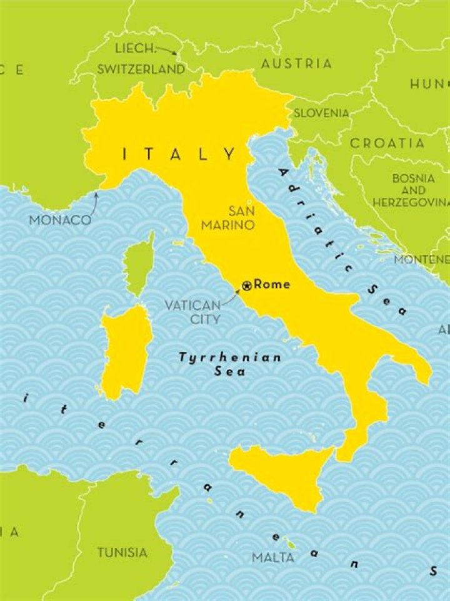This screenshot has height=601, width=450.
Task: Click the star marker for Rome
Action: (247, 286)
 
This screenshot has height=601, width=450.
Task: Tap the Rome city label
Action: (272, 285)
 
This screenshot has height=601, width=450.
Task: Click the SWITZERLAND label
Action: (141, 69)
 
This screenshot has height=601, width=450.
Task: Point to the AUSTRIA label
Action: (296, 64)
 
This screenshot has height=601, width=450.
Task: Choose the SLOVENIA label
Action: (321, 113)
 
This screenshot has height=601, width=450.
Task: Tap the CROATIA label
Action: (387, 143)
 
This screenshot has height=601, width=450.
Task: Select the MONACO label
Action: (61, 220)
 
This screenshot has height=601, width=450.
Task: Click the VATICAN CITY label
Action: (192, 312)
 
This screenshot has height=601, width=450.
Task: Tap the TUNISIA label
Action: (122, 553)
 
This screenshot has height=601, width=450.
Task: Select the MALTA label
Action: (273, 557)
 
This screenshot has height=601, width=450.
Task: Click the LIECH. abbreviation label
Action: (134, 48)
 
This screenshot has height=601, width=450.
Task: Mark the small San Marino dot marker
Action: (249, 202)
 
